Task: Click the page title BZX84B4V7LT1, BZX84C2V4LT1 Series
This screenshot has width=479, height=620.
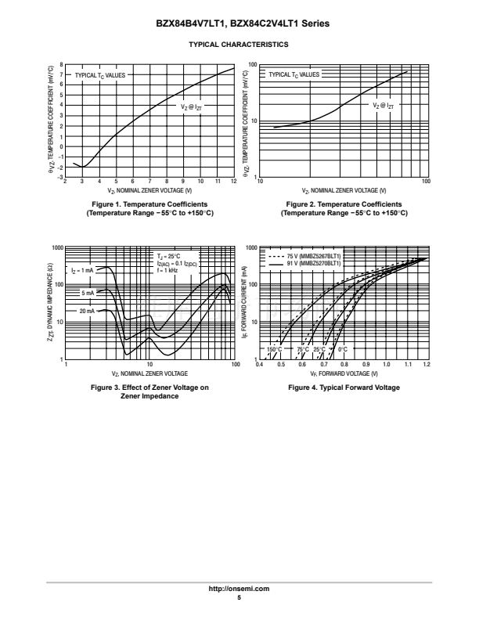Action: (x=239, y=24)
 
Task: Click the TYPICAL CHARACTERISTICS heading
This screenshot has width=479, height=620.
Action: (x=239, y=45)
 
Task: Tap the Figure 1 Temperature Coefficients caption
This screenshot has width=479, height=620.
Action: (x=149, y=208)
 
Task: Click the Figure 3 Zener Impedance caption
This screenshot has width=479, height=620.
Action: (x=149, y=391)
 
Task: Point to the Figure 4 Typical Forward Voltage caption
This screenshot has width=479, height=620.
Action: (x=344, y=387)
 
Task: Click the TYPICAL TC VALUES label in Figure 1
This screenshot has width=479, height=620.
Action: (x=99, y=75)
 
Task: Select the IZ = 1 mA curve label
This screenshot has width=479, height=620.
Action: (x=82, y=270)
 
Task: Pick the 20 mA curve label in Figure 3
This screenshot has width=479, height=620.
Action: (x=86, y=312)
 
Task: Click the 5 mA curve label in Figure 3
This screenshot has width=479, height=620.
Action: (x=87, y=292)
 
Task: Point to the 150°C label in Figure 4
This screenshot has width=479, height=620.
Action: (x=274, y=348)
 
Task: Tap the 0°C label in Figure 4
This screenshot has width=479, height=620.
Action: (x=342, y=348)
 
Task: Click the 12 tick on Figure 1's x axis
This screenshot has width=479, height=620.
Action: (x=233, y=182)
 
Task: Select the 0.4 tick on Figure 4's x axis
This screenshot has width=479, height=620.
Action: (x=261, y=365)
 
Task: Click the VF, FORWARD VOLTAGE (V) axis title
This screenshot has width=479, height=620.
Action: (x=344, y=373)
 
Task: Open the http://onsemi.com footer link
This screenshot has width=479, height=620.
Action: (x=239, y=588)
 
